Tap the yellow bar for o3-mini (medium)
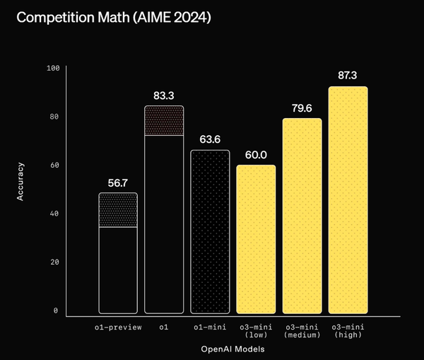302,216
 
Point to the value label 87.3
348,74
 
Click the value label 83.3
164,94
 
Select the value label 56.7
118,182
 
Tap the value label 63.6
210,139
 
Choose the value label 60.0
256,153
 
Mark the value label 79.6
302,108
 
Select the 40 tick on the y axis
55,214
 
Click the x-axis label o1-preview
118,327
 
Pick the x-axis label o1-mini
210,327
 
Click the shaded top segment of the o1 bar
164,121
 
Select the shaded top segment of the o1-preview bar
118,210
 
